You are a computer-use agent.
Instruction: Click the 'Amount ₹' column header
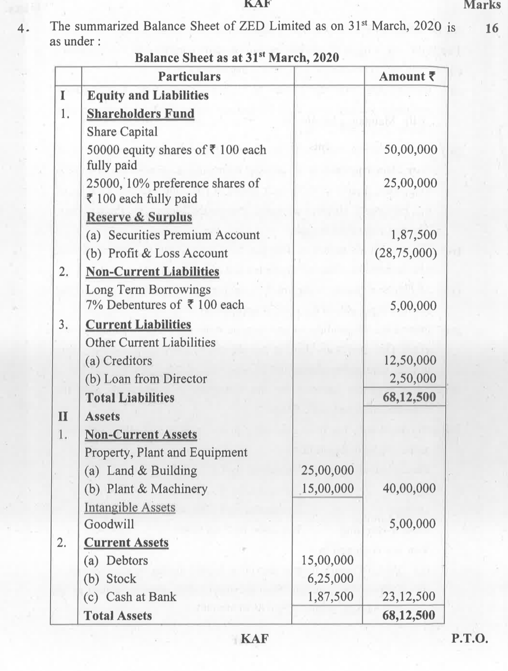406,76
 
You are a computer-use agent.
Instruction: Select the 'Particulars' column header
189,76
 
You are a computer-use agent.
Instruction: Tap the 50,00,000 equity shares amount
411,150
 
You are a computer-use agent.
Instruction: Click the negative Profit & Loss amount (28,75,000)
406,254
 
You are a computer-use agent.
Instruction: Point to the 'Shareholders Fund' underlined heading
140,114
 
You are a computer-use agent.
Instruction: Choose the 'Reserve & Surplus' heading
139,217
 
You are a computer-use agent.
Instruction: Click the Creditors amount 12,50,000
410,360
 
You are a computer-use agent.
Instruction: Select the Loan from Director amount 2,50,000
413,378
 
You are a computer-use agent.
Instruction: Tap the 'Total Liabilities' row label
129,398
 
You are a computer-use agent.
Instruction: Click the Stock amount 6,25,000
330,578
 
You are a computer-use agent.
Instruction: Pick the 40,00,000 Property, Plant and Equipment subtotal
409,488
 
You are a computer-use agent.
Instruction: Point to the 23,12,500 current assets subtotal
409,597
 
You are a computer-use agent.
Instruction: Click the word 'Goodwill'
109,524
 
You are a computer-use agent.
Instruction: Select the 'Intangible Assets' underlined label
129,507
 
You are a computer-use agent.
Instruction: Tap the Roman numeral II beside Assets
62,417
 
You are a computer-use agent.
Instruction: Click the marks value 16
491,28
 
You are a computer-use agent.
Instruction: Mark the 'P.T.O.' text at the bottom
469,639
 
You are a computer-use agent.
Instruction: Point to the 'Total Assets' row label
118,615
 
